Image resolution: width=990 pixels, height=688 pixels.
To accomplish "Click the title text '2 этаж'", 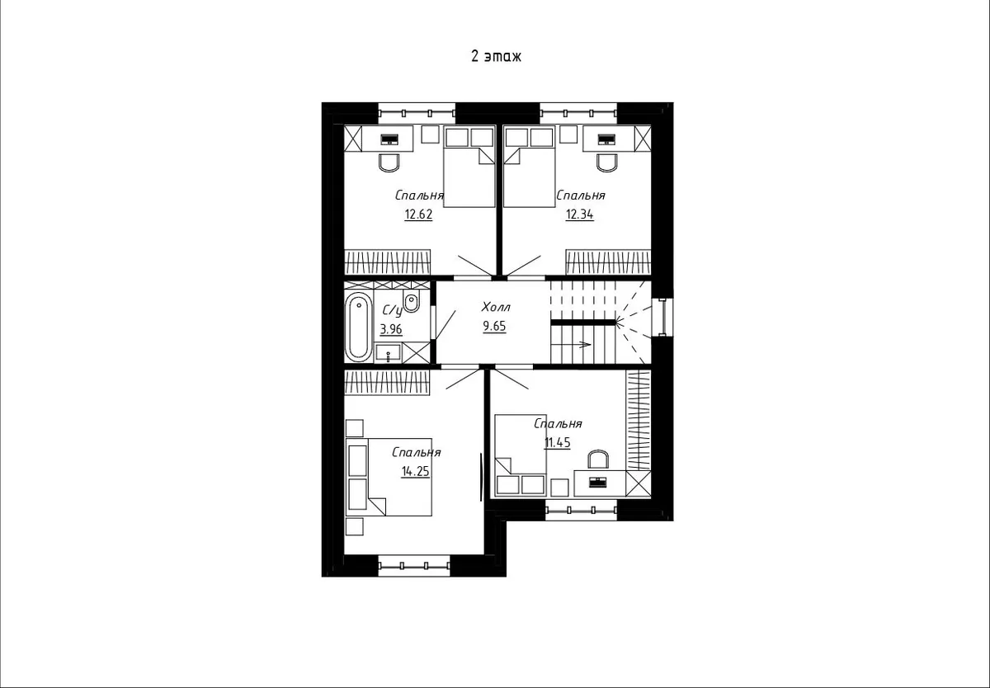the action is pyautogui.click(x=497, y=56).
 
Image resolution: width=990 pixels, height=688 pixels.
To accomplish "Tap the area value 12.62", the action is pyautogui.click(x=418, y=214).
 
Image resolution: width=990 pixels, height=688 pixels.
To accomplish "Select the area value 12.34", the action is pyautogui.click(x=579, y=214).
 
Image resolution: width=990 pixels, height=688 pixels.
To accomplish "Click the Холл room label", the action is pyautogui.click(x=496, y=307).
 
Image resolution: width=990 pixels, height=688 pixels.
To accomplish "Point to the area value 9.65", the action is pyautogui.click(x=494, y=326).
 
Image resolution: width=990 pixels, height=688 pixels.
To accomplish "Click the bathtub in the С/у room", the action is pyautogui.click(x=357, y=327).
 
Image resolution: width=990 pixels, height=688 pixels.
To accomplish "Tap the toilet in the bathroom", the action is pyautogui.click(x=412, y=302).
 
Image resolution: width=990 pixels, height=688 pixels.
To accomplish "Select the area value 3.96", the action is pyautogui.click(x=391, y=329).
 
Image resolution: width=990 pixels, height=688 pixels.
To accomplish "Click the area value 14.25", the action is pyautogui.click(x=415, y=471).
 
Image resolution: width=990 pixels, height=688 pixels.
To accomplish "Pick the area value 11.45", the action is pyautogui.click(x=557, y=442).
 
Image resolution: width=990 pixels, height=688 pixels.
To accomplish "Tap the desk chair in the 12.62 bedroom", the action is pyautogui.click(x=389, y=163).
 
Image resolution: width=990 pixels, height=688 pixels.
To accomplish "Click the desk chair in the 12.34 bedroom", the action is pyautogui.click(x=607, y=163).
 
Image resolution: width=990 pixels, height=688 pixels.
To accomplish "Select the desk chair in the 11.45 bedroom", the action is pyautogui.click(x=598, y=460).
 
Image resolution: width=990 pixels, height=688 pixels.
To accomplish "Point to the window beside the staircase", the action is pyautogui.click(x=662, y=314).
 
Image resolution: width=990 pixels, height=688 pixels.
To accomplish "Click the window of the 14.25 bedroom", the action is pyautogui.click(x=414, y=565).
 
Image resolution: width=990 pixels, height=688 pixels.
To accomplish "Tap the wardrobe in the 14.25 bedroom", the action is pyautogui.click(x=387, y=383).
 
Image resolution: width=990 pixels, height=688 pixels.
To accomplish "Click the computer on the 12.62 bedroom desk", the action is pyautogui.click(x=389, y=139).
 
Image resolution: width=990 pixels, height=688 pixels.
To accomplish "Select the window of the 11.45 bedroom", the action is pyautogui.click(x=581, y=510).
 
